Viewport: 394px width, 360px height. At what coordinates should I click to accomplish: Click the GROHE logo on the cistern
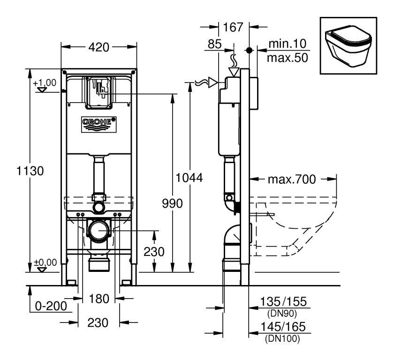[99, 124]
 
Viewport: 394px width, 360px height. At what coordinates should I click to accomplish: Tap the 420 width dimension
[99, 47]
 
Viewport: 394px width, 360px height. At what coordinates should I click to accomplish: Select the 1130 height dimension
[30, 171]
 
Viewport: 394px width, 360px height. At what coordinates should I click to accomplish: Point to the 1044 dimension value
[189, 178]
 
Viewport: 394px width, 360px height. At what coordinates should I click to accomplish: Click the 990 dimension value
[172, 203]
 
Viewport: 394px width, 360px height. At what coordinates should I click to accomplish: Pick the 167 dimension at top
[233, 27]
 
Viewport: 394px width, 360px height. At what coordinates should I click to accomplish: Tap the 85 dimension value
[215, 44]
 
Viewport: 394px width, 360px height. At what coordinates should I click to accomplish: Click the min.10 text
[288, 44]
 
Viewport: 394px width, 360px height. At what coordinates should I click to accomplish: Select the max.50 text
[288, 58]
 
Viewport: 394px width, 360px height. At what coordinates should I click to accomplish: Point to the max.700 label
[292, 179]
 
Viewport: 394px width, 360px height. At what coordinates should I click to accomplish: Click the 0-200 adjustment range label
[51, 306]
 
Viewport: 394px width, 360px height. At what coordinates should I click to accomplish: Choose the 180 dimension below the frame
[99, 299]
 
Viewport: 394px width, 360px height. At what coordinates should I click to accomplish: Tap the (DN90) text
[282, 313]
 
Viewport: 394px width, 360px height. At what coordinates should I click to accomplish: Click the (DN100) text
[282, 338]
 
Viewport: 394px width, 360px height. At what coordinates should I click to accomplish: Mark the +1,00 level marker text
[45, 82]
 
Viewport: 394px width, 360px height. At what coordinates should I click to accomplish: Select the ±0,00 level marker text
[45, 262]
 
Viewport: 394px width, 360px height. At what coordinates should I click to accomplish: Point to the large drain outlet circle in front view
[99, 230]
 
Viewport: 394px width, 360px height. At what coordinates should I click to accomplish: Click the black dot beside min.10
[249, 50]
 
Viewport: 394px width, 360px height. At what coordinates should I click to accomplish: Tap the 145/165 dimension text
[283, 327]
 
